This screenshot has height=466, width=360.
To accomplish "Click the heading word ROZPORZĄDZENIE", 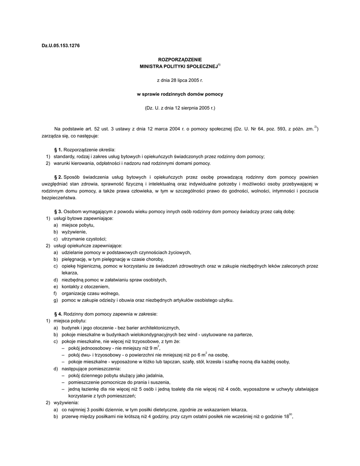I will (179, 60).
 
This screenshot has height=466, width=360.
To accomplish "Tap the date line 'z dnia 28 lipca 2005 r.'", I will (179, 80).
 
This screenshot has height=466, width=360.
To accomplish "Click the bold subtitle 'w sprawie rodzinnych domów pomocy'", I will (180, 94).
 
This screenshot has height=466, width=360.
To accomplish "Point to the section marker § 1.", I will (58, 149).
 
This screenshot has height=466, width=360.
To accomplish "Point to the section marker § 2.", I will (58, 177).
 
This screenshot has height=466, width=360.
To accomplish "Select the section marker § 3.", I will (58, 212).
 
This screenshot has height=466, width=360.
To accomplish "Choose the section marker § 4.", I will (58, 314).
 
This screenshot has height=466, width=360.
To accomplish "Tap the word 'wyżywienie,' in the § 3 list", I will (75, 232).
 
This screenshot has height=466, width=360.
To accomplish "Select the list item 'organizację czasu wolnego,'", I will (90, 294).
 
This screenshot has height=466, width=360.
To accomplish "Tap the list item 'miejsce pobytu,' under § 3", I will (78, 225).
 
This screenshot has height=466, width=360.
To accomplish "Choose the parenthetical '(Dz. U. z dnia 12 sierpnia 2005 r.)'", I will (179, 108).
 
